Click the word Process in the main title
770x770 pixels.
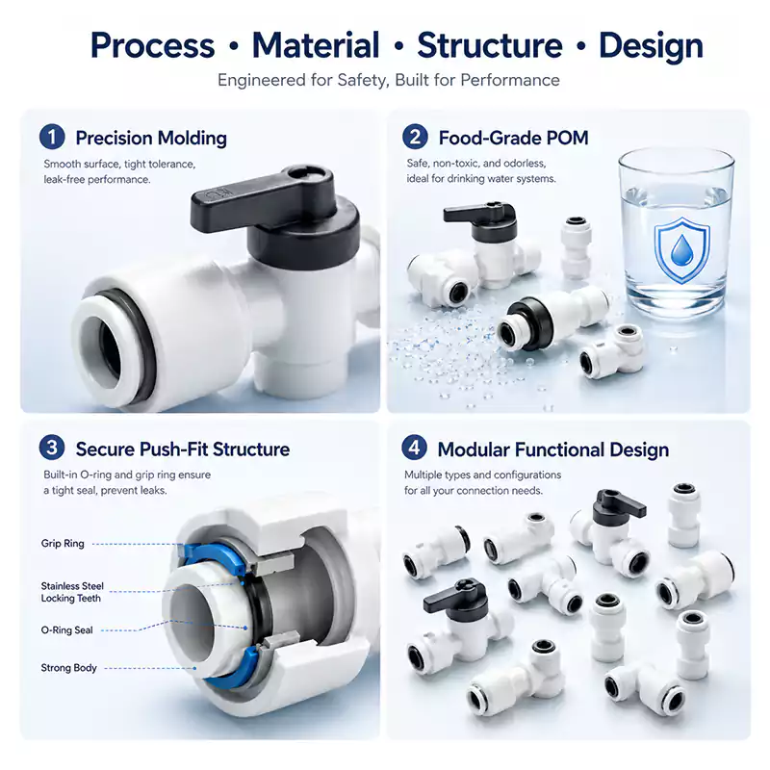[153, 45]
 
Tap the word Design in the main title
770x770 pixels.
[652, 45]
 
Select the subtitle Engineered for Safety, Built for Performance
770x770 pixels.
[389, 80]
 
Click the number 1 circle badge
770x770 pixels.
[52, 137]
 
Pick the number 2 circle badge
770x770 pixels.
[415, 137]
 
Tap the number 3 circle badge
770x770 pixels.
[52, 449]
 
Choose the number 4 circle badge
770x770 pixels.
[415, 449]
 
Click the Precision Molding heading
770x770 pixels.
[151, 138]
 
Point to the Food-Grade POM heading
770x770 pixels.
[513, 138]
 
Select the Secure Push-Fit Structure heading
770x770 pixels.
[183, 449]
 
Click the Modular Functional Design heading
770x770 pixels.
[552, 449]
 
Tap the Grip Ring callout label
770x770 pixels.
[63, 544]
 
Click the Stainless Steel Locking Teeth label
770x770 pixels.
[72, 592]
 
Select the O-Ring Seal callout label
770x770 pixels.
[66, 630]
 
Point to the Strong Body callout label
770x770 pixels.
[68, 668]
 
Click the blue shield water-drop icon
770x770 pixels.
[682, 250]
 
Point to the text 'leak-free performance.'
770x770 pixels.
[97, 180]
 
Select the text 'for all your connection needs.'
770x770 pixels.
[474, 491]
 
